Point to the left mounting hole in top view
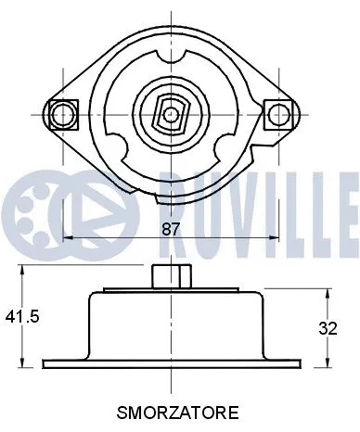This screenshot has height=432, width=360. pyautogui.click(x=62, y=114)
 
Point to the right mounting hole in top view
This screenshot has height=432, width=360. pyautogui.click(x=277, y=114)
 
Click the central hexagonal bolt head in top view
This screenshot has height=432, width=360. pyautogui.click(x=169, y=114)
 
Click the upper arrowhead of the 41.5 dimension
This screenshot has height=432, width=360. pyautogui.click(x=21, y=272)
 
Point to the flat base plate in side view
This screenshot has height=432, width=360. pyautogui.click(x=169, y=363)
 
